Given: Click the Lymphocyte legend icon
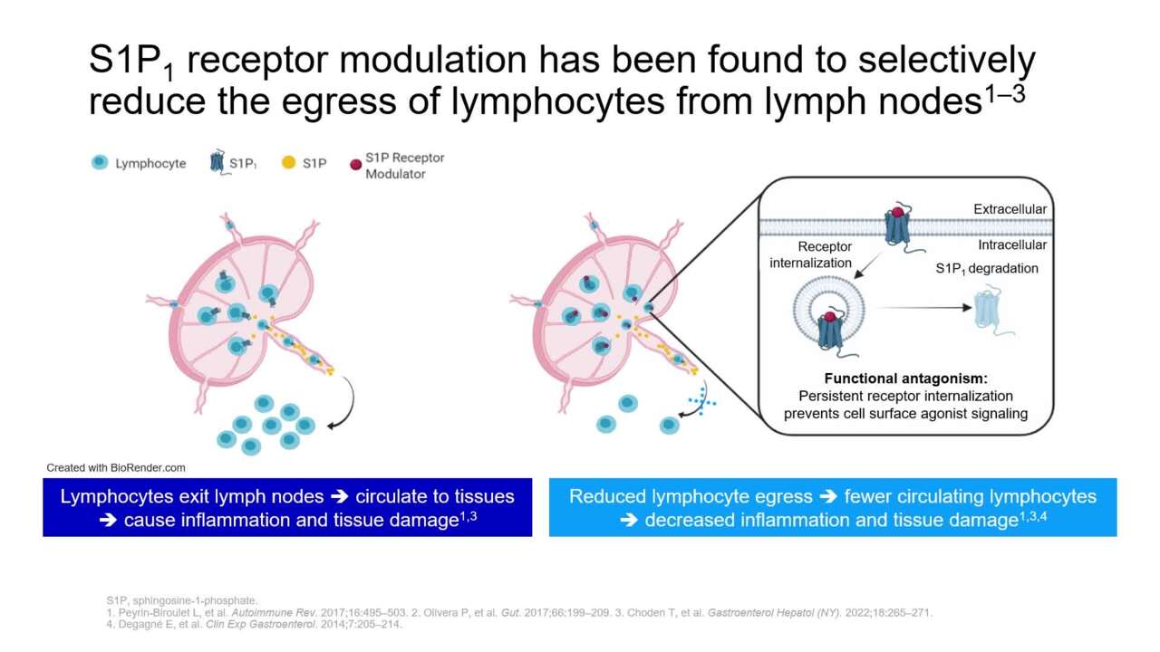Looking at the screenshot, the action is [x=100, y=162].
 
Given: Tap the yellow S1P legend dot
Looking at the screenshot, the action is [x=288, y=162].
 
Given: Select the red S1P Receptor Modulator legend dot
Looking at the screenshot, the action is [x=356, y=165].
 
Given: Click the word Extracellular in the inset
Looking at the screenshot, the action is [x=1010, y=209].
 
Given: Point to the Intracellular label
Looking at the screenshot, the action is [x=1012, y=244].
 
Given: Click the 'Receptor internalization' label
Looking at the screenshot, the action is [x=810, y=254].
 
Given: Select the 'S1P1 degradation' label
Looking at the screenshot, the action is [x=987, y=269].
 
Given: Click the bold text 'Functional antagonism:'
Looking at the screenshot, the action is [x=905, y=379].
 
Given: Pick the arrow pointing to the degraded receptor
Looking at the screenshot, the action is [x=924, y=307].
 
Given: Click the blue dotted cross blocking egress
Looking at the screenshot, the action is [x=702, y=400].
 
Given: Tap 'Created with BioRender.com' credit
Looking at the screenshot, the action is [x=116, y=468].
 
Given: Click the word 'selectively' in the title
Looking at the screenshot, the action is [x=947, y=60].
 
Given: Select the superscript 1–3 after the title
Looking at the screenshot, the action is [x=1004, y=94].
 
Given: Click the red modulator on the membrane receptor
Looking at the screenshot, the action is [x=897, y=212].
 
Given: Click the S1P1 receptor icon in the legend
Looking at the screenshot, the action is [x=217, y=162].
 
